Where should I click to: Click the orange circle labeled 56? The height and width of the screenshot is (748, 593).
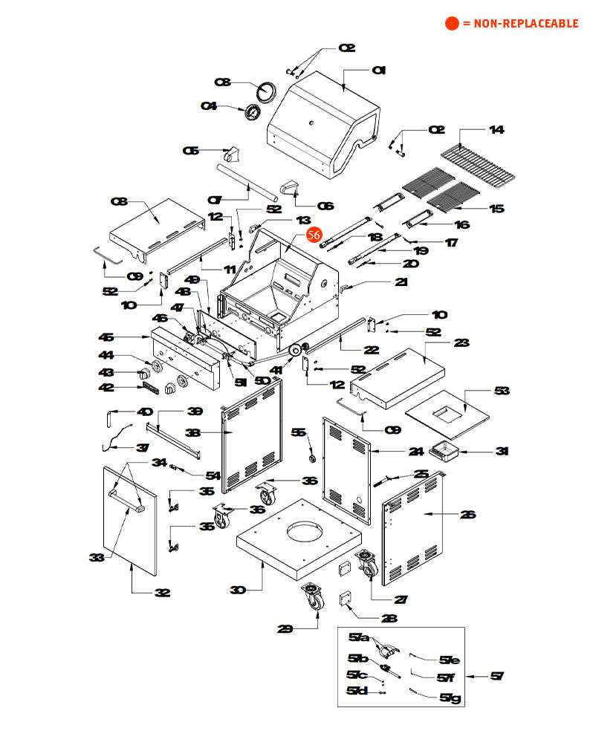pos(314,235)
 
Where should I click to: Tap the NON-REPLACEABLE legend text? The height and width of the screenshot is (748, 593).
pos(520,24)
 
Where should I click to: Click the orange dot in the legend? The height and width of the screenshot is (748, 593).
pos(452,24)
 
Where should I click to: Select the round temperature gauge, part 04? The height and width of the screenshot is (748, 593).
pos(252,114)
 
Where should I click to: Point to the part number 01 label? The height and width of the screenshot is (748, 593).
pos(379,71)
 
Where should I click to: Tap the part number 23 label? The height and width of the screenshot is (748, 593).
pos(461,343)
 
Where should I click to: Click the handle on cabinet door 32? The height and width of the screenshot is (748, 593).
pos(125,498)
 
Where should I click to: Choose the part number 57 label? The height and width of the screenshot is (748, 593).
pos(497,676)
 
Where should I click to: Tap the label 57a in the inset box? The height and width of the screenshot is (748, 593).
pos(360,637)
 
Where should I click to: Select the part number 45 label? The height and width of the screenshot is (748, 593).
pos(107,337)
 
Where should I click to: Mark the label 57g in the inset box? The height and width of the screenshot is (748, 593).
pos(450,697)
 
